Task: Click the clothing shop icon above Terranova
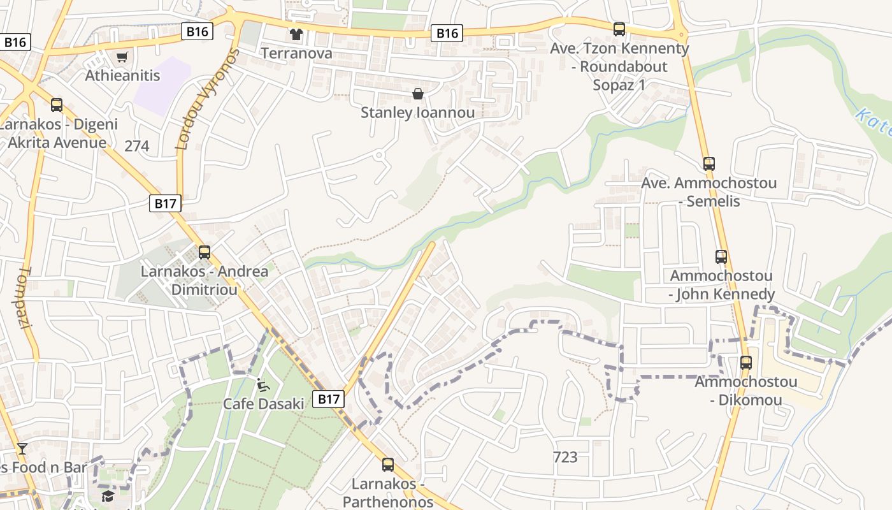[296, 34]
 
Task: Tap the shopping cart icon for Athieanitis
[122, 57]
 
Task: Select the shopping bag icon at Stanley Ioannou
[418, 94]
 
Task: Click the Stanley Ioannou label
[418, 113]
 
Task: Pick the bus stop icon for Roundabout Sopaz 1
[619, 29]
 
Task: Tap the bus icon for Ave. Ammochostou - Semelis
[709, 163]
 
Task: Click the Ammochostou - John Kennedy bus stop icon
[721, 257]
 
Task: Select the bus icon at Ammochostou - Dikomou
[745, 362]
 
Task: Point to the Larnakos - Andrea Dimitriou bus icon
[204, 252]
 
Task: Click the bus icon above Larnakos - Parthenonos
[387, 464]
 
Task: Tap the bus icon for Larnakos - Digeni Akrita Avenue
[57, 105]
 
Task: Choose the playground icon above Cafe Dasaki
[263, 384]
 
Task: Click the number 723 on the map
[565, 457]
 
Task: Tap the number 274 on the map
[136, 147]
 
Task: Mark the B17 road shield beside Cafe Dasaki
[329, 399]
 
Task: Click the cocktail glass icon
[22, 448]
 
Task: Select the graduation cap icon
[108, 495]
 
